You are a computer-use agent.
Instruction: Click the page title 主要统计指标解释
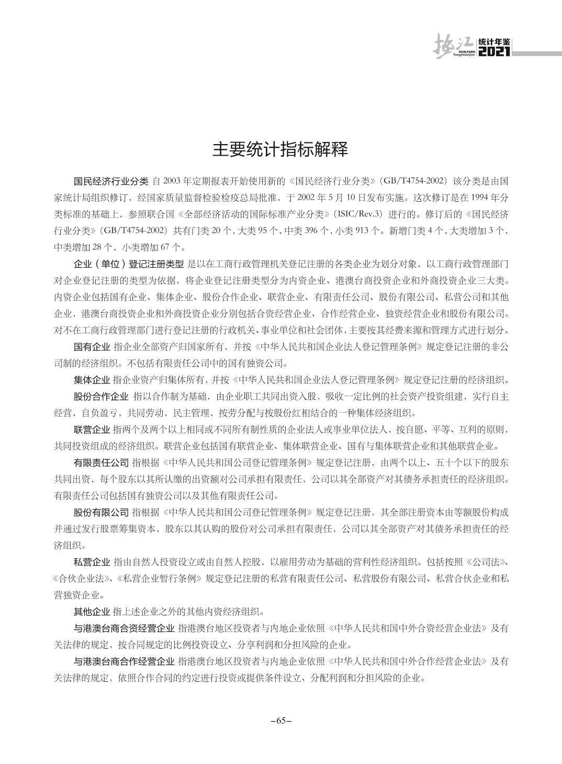280,150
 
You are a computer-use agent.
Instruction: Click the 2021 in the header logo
494,52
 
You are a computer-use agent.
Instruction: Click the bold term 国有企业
92,346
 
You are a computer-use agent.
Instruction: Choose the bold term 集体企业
92,379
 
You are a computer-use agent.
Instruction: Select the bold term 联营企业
92,430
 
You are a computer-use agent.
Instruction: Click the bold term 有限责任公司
101,463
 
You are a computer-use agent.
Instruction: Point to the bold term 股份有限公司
101,512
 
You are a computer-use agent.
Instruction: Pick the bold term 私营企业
92,562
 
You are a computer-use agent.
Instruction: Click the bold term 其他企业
92,611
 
